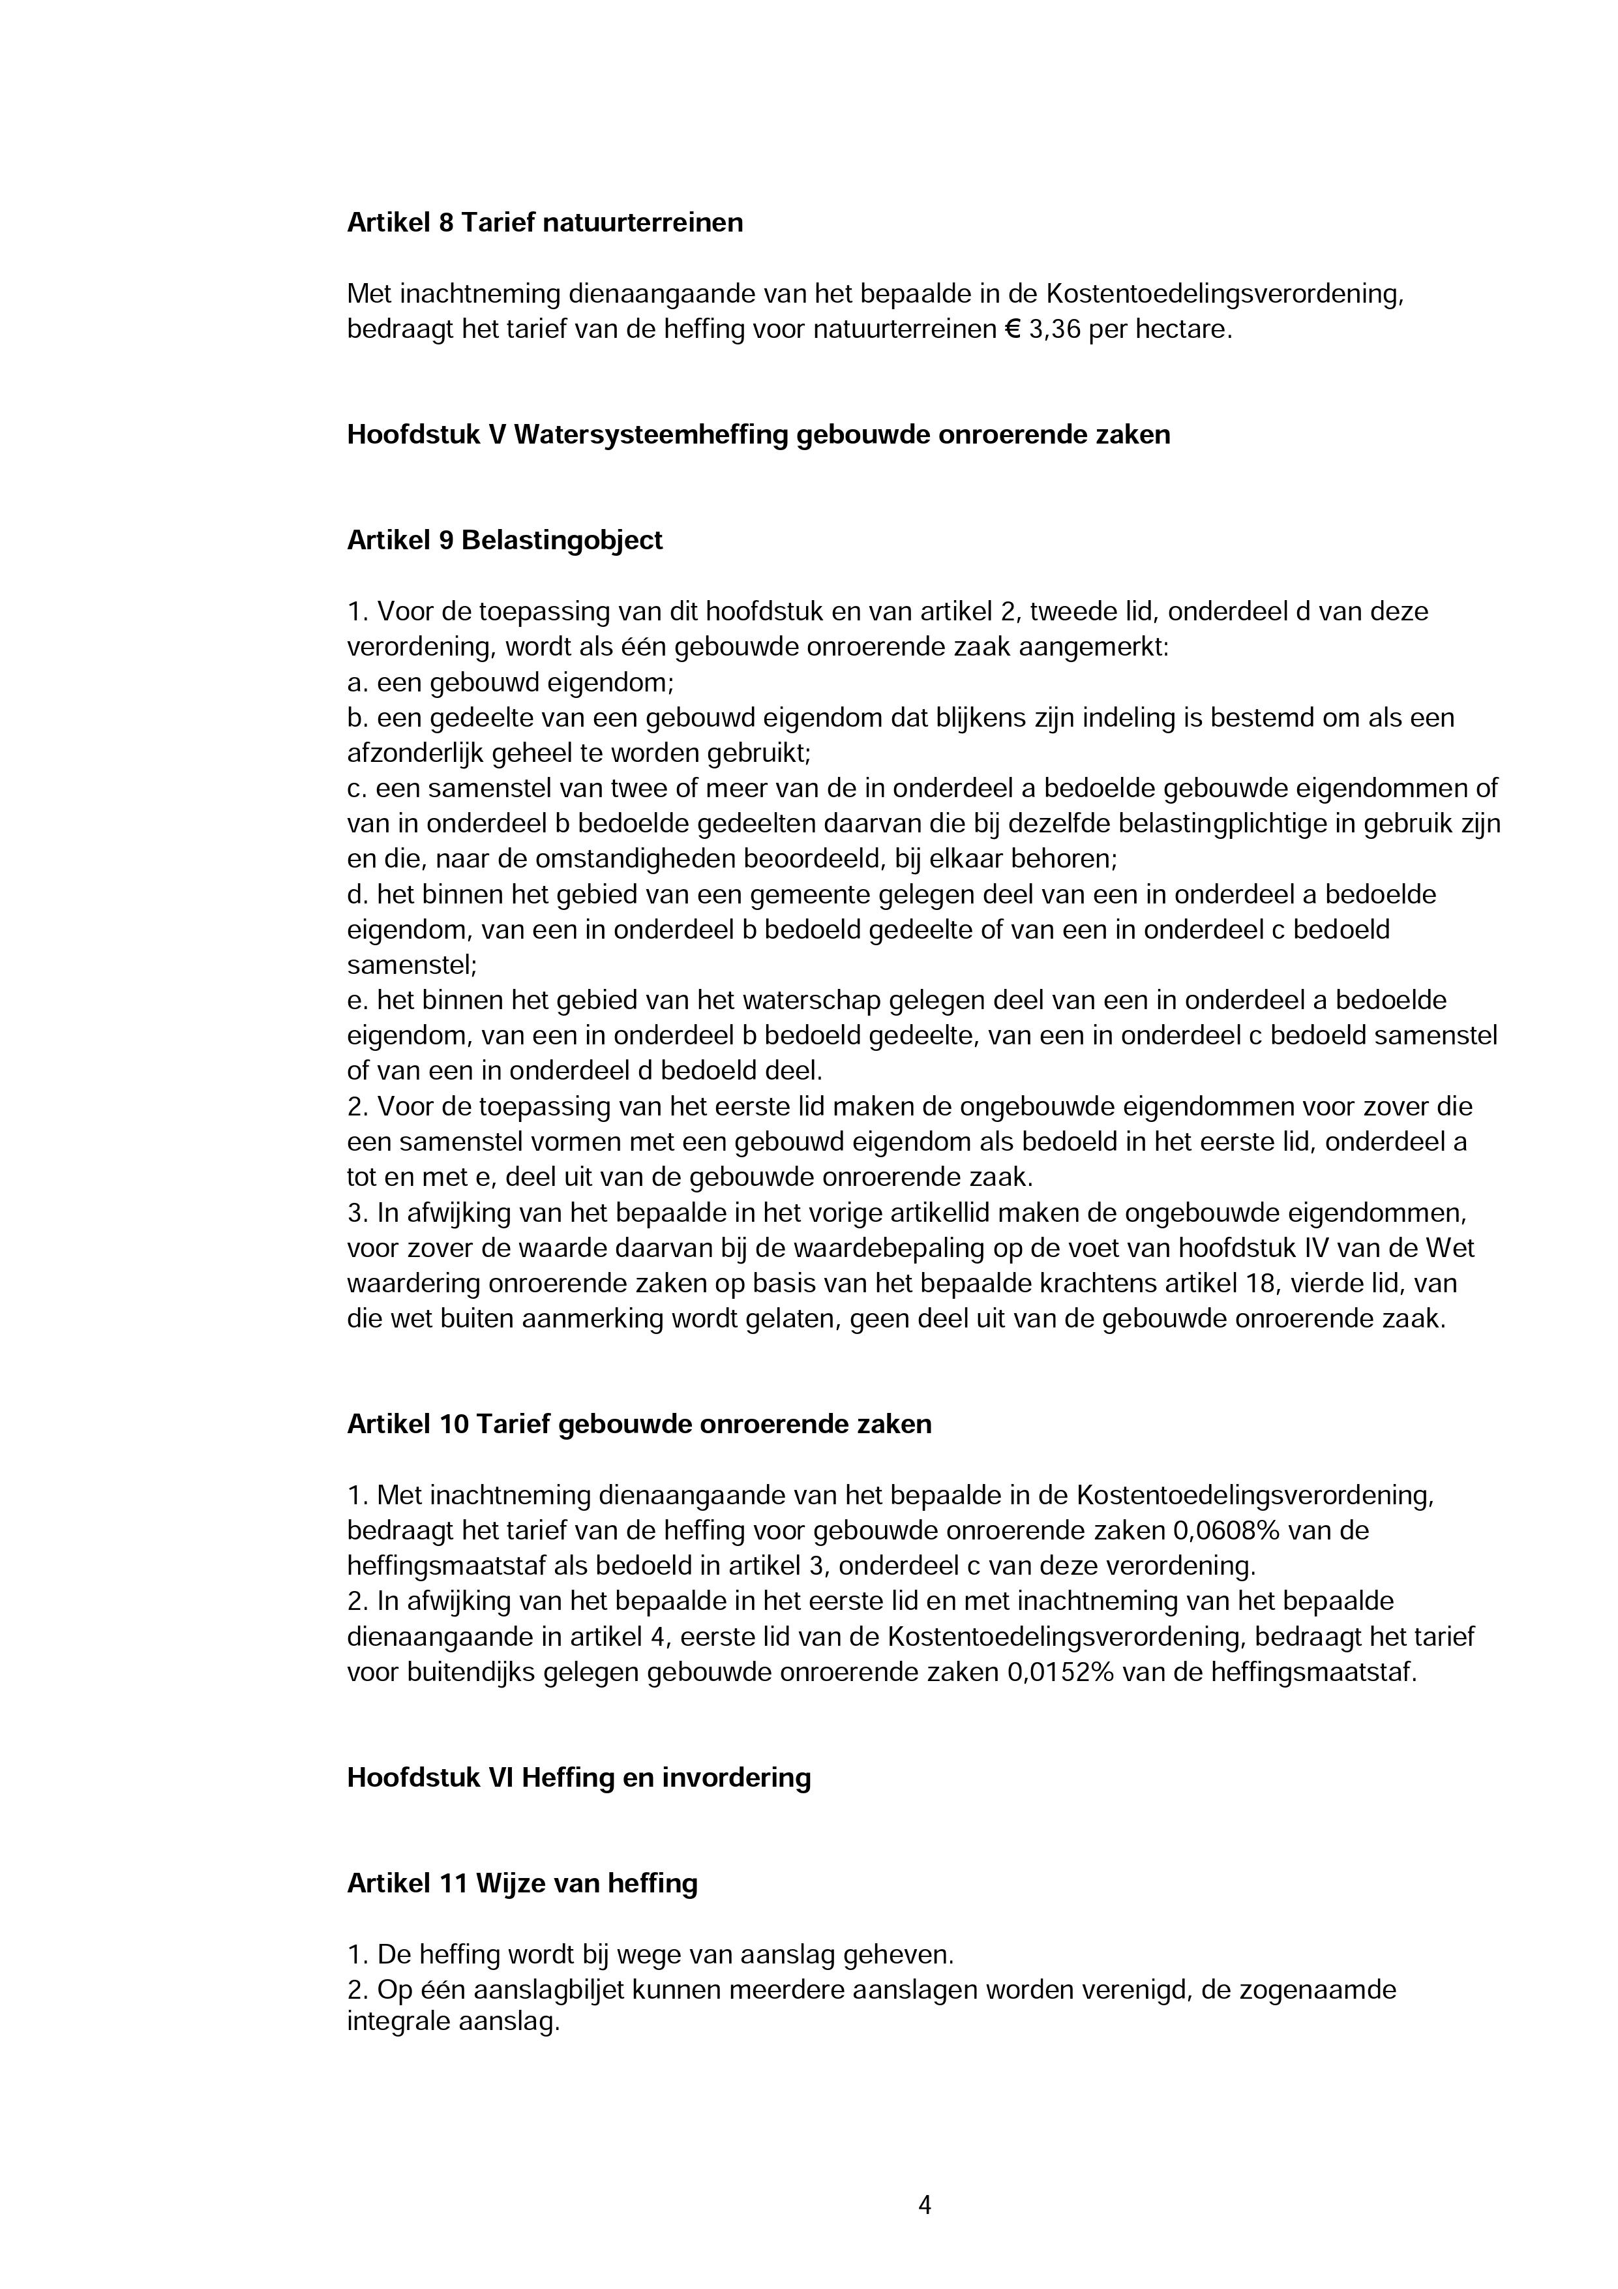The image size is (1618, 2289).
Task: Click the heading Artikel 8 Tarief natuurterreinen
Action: click(x=545, y=222)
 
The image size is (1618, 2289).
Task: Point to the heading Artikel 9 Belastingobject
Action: click(x=504, y=540)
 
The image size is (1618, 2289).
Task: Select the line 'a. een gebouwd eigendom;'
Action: click(x=511, y=683)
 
